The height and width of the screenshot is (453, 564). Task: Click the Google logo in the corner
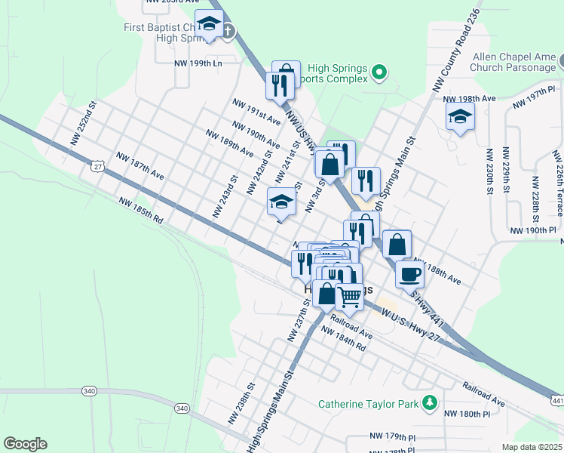(x=25, y=444)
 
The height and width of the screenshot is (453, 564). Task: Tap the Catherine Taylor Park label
(x=368, y=404)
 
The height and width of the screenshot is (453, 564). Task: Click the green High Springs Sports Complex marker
(x=380, y=72)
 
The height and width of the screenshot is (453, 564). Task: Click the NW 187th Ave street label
(x=139, y=165)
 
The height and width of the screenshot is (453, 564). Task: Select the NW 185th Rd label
(x=141, y=211)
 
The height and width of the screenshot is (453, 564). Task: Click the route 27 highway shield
(x=99, y=165)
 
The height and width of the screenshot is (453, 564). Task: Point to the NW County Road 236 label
(x=457, y=51)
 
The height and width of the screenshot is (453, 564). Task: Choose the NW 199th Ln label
(x=198, y=63)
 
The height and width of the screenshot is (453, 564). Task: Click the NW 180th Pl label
(x=467, y=414)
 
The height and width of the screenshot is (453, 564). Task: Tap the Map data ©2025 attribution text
(x=532, y=447)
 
